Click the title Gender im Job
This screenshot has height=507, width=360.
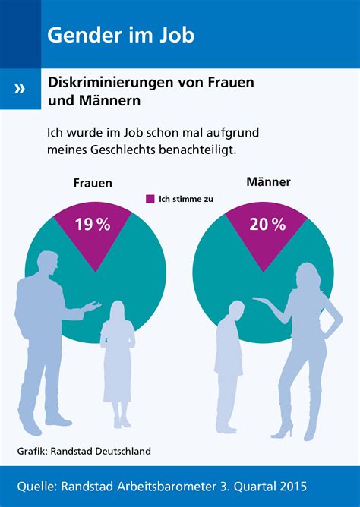coord(120,34)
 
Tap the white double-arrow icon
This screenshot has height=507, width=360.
coord(20,89)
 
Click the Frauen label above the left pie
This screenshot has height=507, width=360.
coord(93,183)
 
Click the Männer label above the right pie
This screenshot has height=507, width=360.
coord(269,182)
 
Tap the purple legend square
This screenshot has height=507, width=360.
coord(150,199)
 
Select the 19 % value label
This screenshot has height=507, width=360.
coord(93,224)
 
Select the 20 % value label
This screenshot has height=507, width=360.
coord(267,224)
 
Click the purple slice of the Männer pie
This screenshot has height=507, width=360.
coord(267,239)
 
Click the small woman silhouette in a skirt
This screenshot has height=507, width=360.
coord(117,357)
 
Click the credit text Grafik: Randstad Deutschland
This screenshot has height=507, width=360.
coord(84,451)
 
